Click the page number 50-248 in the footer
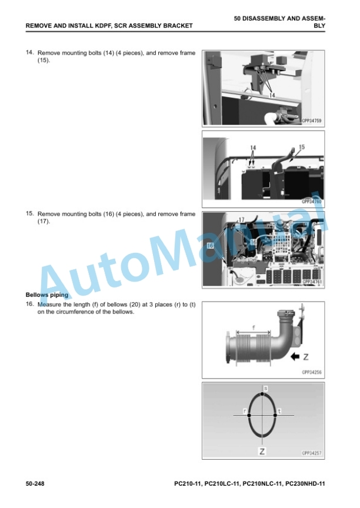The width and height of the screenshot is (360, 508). point(35,484)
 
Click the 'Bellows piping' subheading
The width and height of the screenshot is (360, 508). point(47,295)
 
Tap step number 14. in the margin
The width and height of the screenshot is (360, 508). point(30,52)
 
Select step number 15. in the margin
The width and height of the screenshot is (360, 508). point(30,213)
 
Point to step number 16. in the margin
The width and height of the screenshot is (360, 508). point(30,304)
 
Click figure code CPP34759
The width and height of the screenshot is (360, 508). point(311,121)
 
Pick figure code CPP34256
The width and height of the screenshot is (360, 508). point(311,372)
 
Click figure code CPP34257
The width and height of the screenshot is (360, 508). point(311,453)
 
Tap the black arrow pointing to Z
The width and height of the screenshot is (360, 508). point(295,357)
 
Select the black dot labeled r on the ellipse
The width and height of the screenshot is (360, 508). point(249,415)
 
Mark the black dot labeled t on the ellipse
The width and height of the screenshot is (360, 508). point(275,415)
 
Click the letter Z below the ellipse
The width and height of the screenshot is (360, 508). point(262,451)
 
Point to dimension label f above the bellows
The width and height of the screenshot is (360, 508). point(254,327)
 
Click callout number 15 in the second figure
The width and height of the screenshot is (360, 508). point(302,147)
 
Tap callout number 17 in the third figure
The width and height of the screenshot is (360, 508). point(241,220)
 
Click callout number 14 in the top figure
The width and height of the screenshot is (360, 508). point(272,95)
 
